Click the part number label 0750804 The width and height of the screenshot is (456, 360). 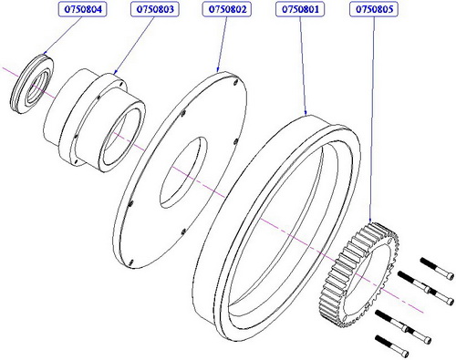tap(82, 9)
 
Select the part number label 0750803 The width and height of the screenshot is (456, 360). tap(155, 9)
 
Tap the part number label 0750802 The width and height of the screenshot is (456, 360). tap(227, 9)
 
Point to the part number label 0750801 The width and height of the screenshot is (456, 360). tap(300, 9)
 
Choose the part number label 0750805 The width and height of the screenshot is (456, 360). tap(374, 9)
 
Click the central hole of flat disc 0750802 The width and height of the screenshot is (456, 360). tap(183, 172)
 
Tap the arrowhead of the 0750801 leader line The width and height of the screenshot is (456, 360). tap(306, 112)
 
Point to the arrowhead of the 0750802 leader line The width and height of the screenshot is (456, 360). tap(218, 69)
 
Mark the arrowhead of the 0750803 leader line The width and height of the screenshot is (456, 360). tap(116, 72)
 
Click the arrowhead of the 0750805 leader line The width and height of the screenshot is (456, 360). tap(370, 221)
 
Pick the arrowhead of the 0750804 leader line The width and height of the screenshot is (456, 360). tap(45, 52)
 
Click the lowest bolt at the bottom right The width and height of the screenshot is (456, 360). tap(391, 346)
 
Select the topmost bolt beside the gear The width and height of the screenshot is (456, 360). tap(438, 269)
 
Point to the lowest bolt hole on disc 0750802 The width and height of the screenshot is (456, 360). tap(131, 262)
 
